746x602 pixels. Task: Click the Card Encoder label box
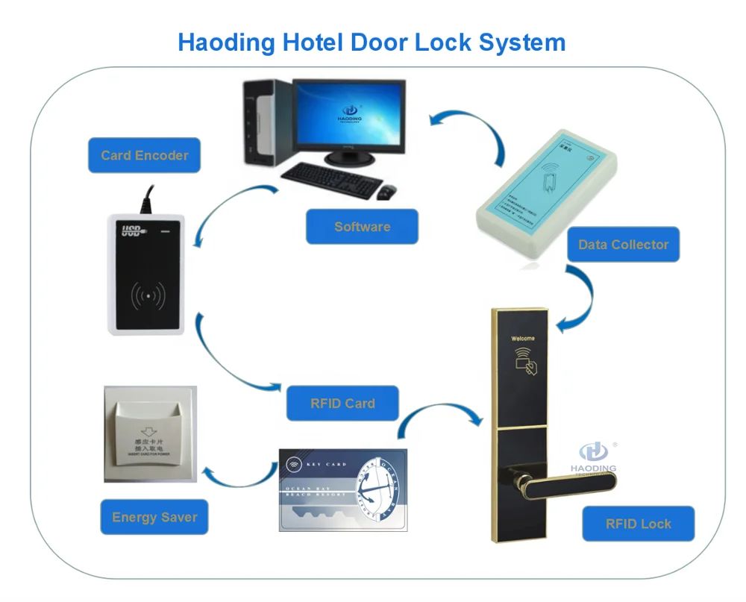[x=144, y=155]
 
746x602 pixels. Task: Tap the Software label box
[x=362, y=227]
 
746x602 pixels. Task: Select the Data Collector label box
[x=623, y=245]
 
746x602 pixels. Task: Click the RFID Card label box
[x=342, y=404]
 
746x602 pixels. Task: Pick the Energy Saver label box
[x=154, y=517]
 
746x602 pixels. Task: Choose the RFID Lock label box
[x=638, y=524]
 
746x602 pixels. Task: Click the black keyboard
[x=330, y=177]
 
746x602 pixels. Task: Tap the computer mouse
[x=386, y=193]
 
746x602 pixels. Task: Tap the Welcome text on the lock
[x=522, y=338]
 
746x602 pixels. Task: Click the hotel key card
[x=342, y=489]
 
